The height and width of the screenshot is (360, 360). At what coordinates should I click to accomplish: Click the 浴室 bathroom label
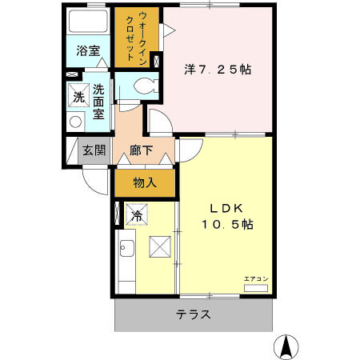88,51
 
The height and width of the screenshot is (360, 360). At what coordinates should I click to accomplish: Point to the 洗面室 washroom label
98,102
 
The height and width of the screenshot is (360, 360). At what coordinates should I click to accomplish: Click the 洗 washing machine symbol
78,97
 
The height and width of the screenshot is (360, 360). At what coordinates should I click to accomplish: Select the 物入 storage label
144,183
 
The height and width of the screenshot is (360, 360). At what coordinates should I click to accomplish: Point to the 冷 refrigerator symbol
136,215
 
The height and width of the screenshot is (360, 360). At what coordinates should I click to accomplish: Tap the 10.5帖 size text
226,226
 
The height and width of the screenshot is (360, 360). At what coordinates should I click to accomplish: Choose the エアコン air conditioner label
256,278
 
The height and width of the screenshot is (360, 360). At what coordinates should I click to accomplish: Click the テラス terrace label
194,314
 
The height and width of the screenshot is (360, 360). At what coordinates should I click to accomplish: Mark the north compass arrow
286,346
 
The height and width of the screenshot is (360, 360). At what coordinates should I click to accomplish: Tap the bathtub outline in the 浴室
88,22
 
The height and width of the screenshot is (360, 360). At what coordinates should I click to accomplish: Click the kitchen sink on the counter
127,250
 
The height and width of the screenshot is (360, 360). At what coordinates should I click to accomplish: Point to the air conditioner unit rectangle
256,286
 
